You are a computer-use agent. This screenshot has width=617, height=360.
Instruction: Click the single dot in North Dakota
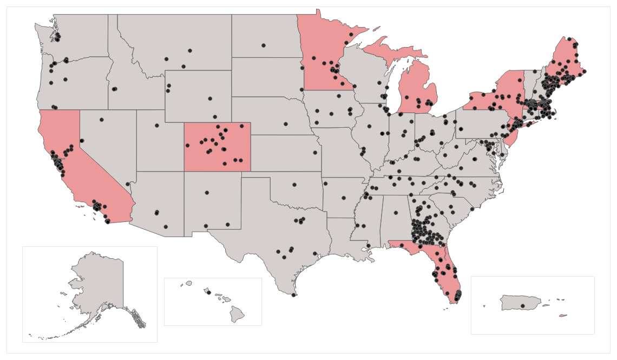point(264,45)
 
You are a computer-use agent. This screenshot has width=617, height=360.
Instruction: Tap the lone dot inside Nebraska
point(285,124)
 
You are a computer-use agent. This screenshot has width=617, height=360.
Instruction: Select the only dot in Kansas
point(313,153)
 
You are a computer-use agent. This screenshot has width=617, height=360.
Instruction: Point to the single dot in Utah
point(157,126)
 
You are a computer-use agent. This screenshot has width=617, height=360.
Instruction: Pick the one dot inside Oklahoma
point(294,185)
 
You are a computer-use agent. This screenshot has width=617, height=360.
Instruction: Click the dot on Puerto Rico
point(522,306)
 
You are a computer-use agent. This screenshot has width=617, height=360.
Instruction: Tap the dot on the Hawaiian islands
point(208,292)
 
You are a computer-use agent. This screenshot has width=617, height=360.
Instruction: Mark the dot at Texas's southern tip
point(293,295)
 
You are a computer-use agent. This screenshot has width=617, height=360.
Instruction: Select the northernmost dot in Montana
point(190,51)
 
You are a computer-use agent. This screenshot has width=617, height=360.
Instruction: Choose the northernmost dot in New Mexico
point(206,192)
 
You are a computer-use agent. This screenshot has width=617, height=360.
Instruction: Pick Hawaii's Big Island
point(238,313)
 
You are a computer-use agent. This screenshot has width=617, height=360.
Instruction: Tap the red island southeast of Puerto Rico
point(563,316)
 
